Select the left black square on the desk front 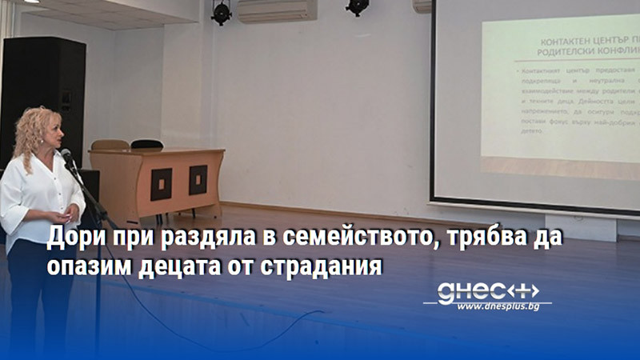(162, 184)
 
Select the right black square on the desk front (198, 181)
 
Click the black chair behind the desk (147, 145)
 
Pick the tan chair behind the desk (110, 146)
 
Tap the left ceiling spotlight (222, 11)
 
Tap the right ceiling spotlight (358, 6)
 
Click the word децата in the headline (190, 266)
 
